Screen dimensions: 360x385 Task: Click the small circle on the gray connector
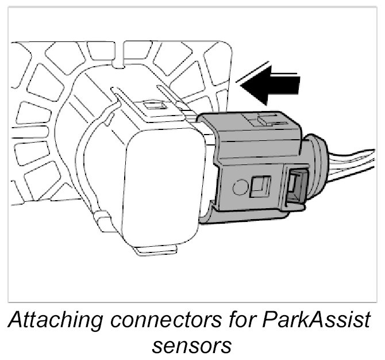coord(240,186)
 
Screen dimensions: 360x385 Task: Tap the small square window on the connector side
coord(260,186)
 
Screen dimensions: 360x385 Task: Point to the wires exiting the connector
coord(351,164)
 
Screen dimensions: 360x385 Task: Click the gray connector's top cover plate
coord(253,129)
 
